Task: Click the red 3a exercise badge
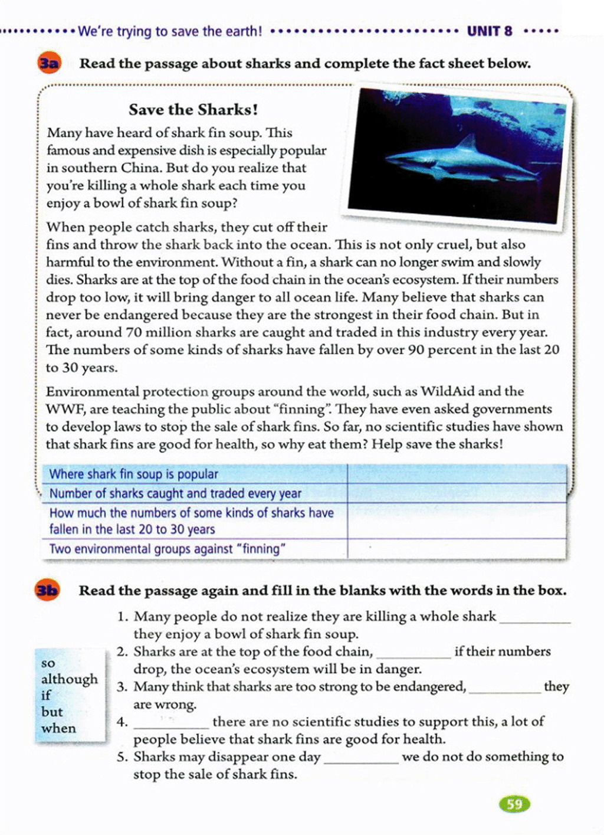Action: [48, 63]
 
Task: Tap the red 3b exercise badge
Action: [47, 590]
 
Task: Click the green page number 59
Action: [514, 804]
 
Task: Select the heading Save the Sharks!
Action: [193, 110]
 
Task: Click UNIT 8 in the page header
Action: [490, 31]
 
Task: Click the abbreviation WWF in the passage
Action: [61, 409]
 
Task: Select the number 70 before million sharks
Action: [134, 332]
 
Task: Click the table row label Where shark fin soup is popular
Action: [133, 474]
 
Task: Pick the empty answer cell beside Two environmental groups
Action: [456, 548]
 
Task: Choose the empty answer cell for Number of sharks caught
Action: [456, 493]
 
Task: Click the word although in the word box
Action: [69, 679]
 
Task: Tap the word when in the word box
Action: [58, 728]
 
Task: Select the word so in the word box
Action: [48, 663]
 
